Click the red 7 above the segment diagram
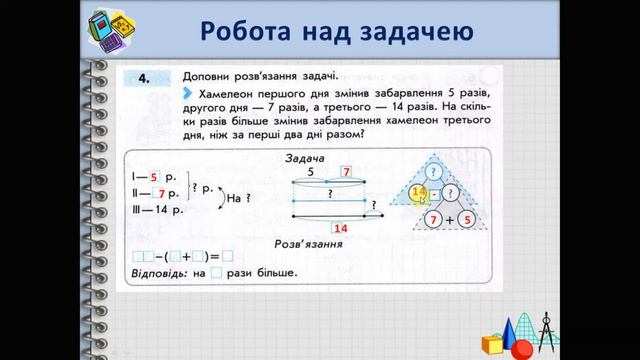click(x=347, y=171)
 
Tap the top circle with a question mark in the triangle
click(x=432, y=166)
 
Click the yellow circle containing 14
click(x=418, y=192)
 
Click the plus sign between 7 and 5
click(x=448, y=219)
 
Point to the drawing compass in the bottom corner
click(x=546, y=328)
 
